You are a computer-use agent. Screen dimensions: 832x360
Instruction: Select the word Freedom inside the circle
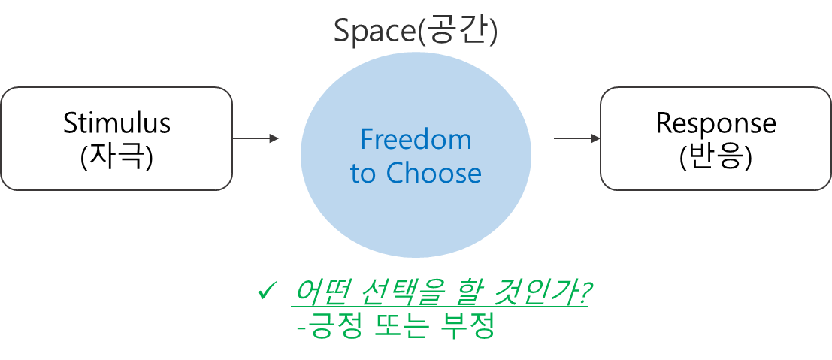pos(416,140)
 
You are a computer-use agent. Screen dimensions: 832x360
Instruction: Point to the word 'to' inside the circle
pos(362,174)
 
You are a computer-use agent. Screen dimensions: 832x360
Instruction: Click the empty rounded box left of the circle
pos(116,138)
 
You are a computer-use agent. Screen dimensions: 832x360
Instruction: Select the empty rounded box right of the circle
pos(715,138)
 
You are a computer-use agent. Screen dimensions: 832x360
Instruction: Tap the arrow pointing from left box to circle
pos(256,138)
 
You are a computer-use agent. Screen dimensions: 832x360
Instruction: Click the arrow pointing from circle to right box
pos(577,138)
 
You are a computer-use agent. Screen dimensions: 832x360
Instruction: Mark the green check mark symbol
pos(268,292)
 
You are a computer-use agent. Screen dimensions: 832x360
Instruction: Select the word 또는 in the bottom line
pos(398,328)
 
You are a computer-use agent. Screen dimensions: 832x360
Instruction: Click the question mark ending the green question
pos(580,293)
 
